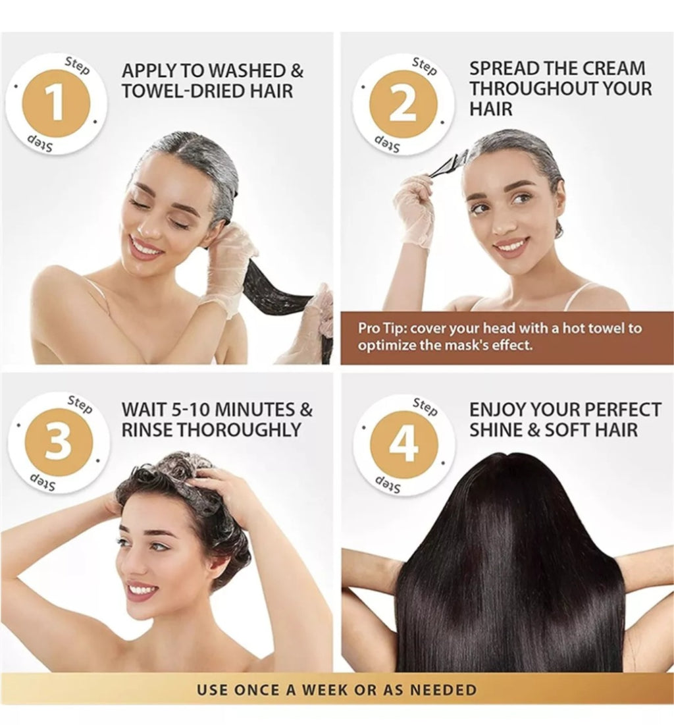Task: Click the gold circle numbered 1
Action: click(56, 103)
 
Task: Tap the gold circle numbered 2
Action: click(403, 103)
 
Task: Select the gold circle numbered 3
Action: click(58, 442)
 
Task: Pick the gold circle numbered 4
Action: click(403, 444)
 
